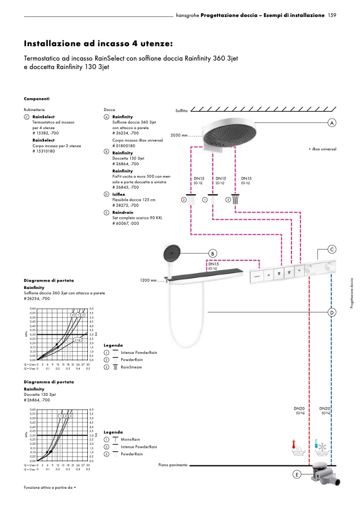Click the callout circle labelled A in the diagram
(x=332, y=123)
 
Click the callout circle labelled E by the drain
(x=297, y=474)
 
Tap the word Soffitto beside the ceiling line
(x=182, y=111)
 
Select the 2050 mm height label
(x=180, y=135)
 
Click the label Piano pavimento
(x=173, y=465)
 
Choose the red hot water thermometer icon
(x=294, y=445)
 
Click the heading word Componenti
(x=37, y=99)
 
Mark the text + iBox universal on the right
(x=322, y=149)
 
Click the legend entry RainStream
(x=131, y=367)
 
